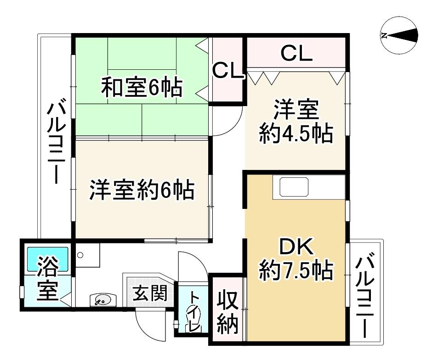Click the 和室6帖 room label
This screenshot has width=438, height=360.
tap(142, 87)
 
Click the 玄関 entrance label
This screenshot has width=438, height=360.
tap(150, 293)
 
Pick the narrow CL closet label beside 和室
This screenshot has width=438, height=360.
tap(228, 71)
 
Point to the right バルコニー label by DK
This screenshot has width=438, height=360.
tap(364, 298)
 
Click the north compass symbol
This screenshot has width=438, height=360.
tap(399, 35)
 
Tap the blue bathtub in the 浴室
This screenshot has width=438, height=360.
tap(47, 259)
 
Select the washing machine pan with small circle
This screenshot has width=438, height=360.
tap(87, 254)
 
